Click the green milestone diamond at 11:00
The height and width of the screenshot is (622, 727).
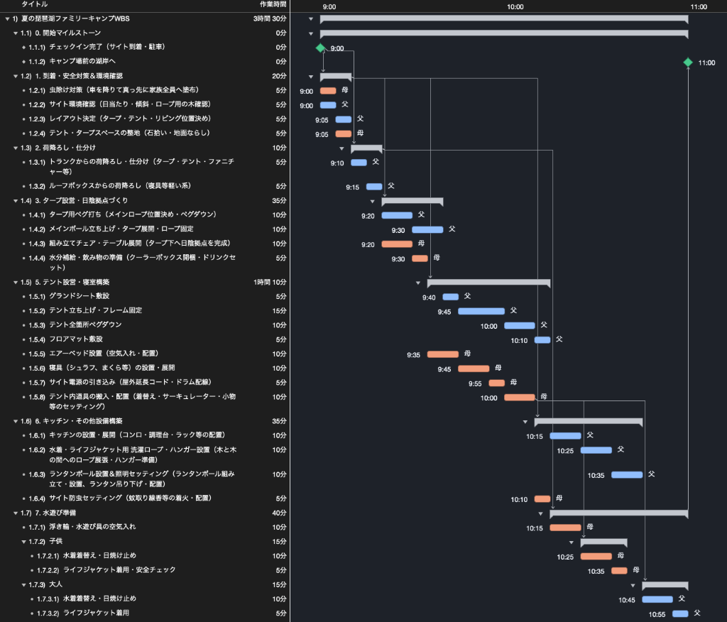click(688, 62)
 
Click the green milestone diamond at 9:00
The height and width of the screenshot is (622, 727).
click(320, 48)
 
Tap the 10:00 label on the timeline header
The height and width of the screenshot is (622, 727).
click(515, 7)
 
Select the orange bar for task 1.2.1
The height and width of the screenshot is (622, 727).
click(328, 91)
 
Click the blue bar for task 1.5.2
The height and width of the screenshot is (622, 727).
click(481, 311)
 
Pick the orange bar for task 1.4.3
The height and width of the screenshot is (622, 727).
click(397, 244)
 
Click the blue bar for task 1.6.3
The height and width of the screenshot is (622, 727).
click(627, 474)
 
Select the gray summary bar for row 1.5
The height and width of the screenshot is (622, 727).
click(488, 283)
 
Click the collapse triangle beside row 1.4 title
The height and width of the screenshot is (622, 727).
click(16, 201)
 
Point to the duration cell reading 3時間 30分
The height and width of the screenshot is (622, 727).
click(270, 18)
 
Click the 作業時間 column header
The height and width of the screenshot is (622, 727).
click(273, 4)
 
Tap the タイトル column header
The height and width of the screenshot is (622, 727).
click(35, 4)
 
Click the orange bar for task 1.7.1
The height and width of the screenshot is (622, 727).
click(565, 528)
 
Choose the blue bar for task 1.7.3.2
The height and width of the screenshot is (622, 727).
click(680, 613)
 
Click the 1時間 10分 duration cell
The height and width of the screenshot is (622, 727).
click(270, 282)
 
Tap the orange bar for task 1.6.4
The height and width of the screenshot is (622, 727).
click(542, 499)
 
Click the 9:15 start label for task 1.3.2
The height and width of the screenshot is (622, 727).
click(352, 187)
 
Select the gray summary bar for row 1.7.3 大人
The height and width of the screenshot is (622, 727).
click(665, 586)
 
